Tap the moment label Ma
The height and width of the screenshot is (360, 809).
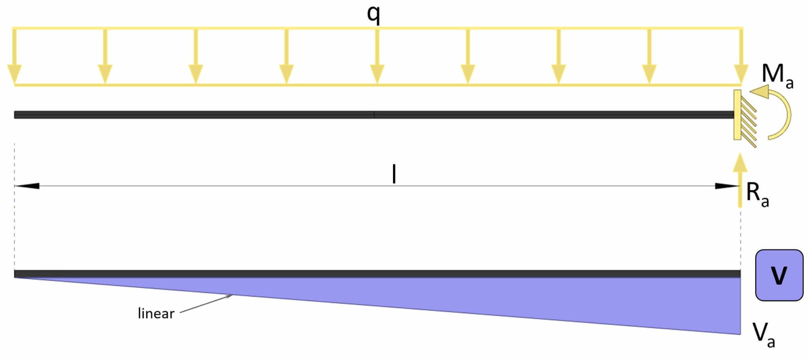[777, 76]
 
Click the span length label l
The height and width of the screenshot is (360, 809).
[394, 174]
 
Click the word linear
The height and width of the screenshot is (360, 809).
[156, 313]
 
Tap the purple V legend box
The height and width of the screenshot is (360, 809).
[779, 275]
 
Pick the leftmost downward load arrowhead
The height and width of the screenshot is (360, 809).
[14, 74]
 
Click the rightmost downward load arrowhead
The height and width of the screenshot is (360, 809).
[741, 74]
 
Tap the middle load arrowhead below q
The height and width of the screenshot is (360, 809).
[377, 74]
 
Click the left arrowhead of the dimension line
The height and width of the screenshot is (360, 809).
[26, 186]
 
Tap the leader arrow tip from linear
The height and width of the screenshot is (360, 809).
[231, 295]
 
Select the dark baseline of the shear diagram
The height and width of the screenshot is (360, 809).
[356, 273]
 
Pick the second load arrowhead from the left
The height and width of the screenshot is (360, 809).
[105, 74]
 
